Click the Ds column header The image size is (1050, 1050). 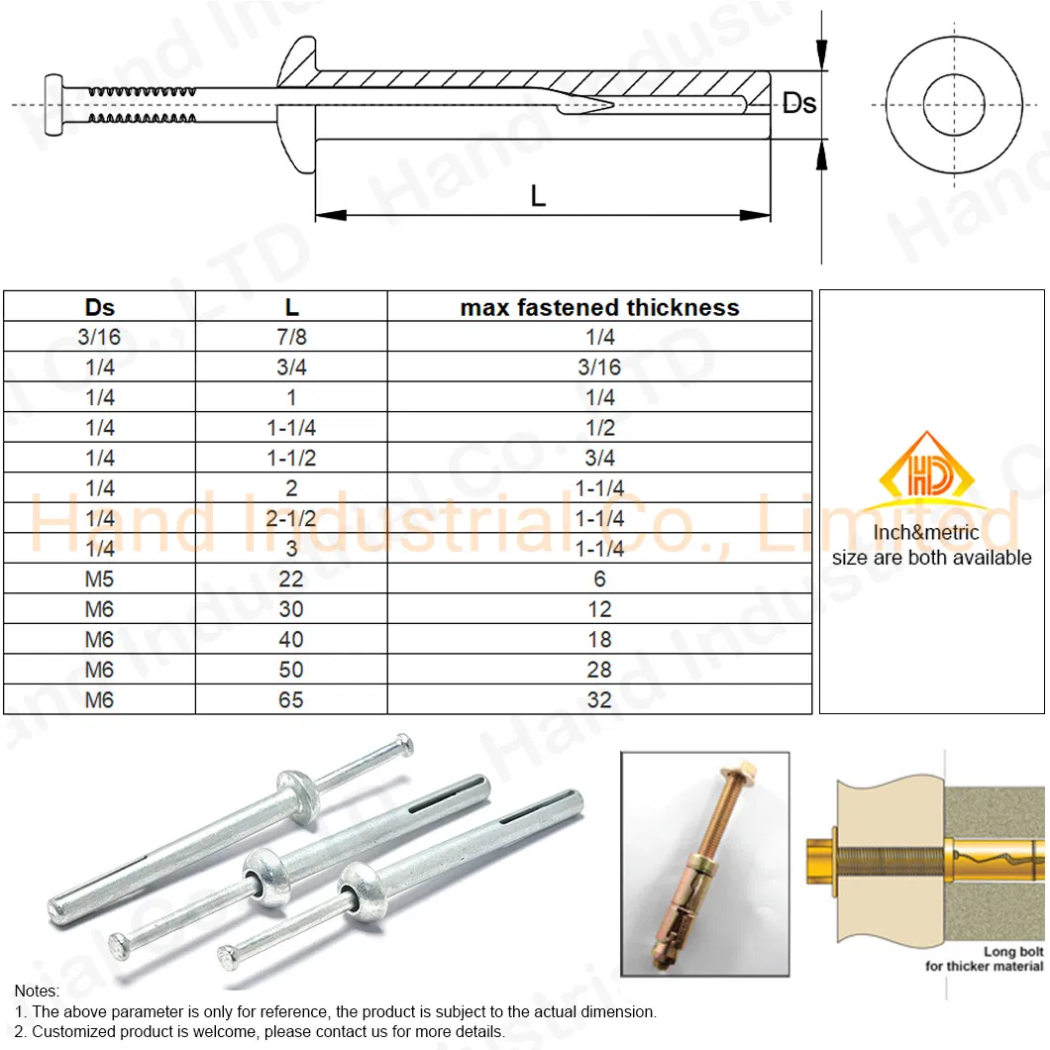click(99, 307)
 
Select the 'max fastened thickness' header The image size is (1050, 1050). click(599, 307)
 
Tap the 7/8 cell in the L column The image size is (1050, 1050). click(291, 337)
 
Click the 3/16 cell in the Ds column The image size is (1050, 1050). click(99, 337)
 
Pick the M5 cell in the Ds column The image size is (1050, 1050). click(99, 579)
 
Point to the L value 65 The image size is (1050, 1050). click(291, 699)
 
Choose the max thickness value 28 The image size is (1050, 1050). click(599, 670)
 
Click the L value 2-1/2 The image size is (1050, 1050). click(291, 518)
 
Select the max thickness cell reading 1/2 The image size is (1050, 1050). click(599, 427)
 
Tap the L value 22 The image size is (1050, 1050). click(291, 579)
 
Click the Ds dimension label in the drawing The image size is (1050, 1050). click(799, 103)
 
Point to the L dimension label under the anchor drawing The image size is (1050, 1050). click(538, 196)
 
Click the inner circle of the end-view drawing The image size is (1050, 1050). click(954, 74)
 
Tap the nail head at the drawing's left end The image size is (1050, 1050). click(53, 105)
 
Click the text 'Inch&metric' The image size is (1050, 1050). click(926, 532)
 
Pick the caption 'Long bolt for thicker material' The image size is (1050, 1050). click(985, 959)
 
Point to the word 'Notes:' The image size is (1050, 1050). click(37, 991)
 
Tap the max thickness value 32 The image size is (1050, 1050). click(599, 699)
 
